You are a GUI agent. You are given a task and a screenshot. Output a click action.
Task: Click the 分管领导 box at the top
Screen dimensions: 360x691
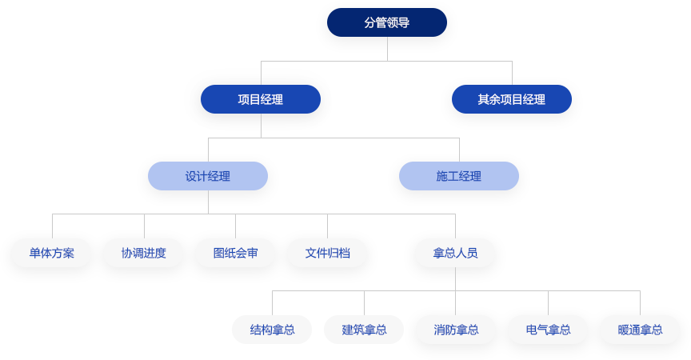387,22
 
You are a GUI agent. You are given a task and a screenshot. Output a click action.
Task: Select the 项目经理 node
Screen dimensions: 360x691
261,99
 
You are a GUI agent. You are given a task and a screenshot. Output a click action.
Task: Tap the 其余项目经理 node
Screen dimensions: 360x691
512,99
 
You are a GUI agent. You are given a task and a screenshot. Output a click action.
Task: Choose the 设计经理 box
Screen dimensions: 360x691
208,176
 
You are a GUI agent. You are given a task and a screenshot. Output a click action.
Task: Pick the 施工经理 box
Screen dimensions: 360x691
459,176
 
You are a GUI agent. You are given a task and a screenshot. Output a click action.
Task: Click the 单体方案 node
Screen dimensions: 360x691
52,253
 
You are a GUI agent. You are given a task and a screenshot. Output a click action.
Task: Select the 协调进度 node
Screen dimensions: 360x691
144,253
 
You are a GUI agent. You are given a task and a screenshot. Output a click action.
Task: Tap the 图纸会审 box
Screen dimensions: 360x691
236,253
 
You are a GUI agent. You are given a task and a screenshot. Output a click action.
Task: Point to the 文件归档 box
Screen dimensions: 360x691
327,253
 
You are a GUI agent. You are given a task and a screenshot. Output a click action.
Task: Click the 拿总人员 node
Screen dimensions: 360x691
455,253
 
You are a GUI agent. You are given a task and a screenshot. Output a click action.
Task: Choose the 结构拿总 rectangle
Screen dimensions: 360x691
272,329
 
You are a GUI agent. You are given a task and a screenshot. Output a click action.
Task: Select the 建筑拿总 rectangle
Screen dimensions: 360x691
364,329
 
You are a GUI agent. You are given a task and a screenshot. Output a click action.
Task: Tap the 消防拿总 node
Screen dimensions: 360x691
456,329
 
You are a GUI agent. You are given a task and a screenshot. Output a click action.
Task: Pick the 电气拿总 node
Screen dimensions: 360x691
548,329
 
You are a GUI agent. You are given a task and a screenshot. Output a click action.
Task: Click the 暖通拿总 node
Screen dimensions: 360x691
640,329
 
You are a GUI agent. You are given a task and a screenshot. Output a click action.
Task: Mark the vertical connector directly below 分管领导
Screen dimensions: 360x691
387,48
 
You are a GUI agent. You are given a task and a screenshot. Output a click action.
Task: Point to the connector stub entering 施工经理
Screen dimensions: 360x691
459,149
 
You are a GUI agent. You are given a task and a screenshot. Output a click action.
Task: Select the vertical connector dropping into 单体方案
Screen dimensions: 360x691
52,226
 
